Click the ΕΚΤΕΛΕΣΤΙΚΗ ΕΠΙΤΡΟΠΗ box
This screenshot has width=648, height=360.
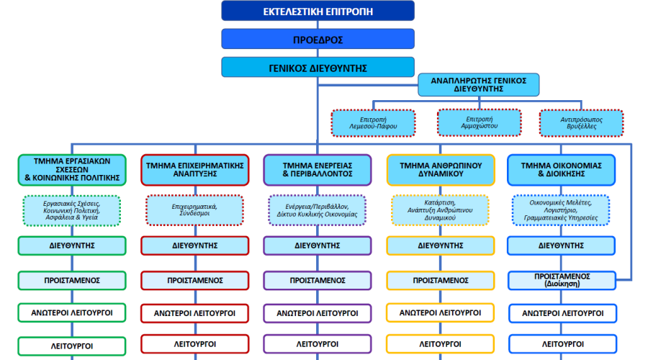[318, 11]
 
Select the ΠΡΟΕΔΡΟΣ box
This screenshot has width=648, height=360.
[318, 40]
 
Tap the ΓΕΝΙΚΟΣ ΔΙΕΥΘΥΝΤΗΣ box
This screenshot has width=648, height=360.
[318, 68]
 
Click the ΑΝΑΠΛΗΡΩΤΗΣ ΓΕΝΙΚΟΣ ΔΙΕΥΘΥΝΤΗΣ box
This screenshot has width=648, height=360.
[479, 85]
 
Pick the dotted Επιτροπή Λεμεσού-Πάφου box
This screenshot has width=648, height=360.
[373, 122]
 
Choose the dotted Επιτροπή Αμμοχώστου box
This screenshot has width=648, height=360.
[480, 122]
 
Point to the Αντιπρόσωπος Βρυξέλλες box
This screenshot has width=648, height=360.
[582, 122]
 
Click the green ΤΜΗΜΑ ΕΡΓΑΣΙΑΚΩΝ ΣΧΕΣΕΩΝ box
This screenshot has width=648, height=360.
[72, 170]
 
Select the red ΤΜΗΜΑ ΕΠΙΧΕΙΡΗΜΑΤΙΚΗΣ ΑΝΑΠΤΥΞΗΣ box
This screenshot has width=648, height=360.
[194, 170]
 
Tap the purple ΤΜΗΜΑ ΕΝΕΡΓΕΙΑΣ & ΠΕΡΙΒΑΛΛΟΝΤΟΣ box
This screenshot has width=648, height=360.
[318, 170]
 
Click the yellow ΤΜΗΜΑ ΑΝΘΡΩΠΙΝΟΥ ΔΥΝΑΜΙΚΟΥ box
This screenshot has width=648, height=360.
[441, 170]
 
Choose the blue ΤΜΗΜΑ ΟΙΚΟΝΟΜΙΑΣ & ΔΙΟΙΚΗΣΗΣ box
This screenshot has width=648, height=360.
[561, 170]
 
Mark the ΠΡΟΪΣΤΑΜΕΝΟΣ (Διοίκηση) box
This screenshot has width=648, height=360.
[562, 280]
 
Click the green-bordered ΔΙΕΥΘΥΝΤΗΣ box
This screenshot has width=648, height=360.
[72, 246]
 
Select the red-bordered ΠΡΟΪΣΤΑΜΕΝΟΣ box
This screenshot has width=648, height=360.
[194, 280]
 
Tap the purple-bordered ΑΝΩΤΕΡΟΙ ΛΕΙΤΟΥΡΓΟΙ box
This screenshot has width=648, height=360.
[318, 313]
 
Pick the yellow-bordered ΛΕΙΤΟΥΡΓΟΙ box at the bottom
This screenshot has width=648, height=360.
[441, 344]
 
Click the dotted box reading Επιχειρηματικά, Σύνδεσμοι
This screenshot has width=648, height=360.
[194, 210]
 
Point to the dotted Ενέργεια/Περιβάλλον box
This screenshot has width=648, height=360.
[318, 210]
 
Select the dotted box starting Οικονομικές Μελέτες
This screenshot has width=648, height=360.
[561, 210]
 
